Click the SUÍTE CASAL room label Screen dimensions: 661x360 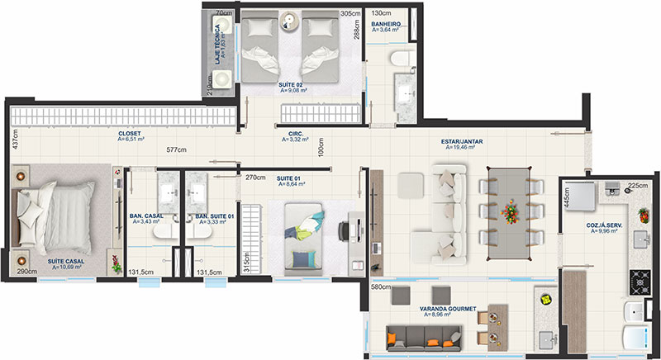pos(66,262)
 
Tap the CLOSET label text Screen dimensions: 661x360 pos(130,134)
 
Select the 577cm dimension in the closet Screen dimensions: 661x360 pos(176,149)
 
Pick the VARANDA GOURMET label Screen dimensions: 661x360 pos(448,309)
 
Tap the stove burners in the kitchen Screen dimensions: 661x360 pos(640,282)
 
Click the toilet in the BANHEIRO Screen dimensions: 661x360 pos(402,58)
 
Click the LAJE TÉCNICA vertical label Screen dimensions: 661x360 pos(217,45)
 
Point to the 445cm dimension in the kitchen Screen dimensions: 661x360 pos(567,197)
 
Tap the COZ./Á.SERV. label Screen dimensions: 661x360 pos(604,225)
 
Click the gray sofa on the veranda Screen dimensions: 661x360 pos(424,338)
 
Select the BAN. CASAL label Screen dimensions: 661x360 pos(146,216)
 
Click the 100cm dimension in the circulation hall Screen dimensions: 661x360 pos(321,147)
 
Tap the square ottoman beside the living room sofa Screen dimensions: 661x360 pos(410,186)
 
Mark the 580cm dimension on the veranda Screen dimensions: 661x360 pos(381,287)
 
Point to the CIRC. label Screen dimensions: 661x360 pos(296,134)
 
